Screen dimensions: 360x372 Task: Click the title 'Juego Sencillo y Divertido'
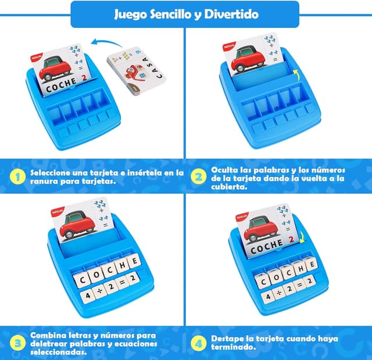click(x=186, y=14)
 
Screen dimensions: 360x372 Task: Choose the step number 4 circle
click(x=199, y=343)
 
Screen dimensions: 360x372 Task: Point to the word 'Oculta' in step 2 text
click(x=224, y=170)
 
